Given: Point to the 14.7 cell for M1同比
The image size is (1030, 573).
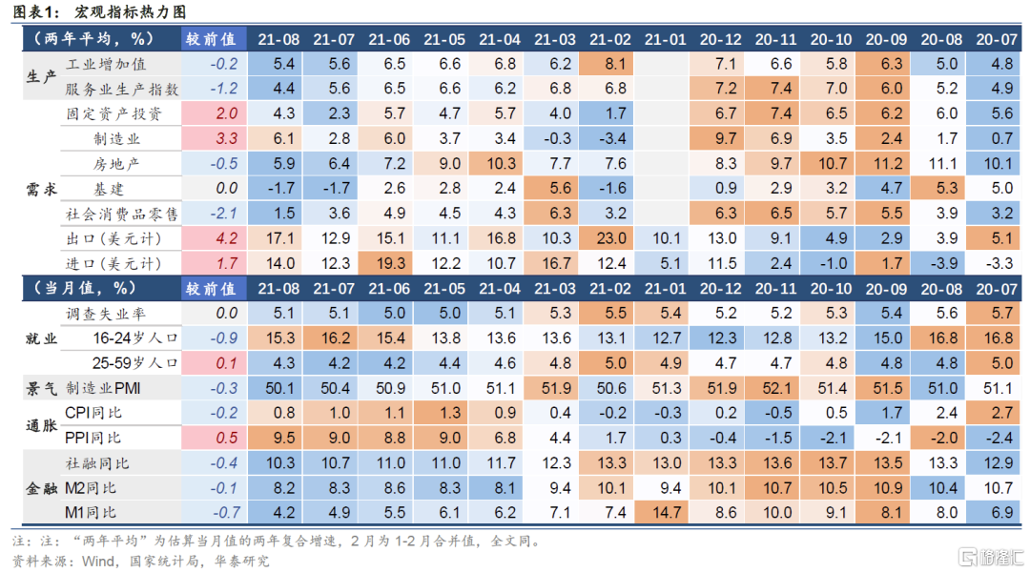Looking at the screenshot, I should pos(665,511).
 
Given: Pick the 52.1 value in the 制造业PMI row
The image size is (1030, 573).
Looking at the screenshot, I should pos(774,388).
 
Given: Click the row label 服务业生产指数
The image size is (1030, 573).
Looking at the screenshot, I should pos(122,90).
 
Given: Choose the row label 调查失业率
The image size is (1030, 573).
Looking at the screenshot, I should pos(106,314).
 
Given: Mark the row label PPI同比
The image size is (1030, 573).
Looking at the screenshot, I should pos(93,438).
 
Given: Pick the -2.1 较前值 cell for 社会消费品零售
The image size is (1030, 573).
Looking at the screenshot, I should pos(219,214).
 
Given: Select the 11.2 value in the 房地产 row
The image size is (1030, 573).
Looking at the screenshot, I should pos(885,164).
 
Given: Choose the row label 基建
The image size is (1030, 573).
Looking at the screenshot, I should pos(108,189).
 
